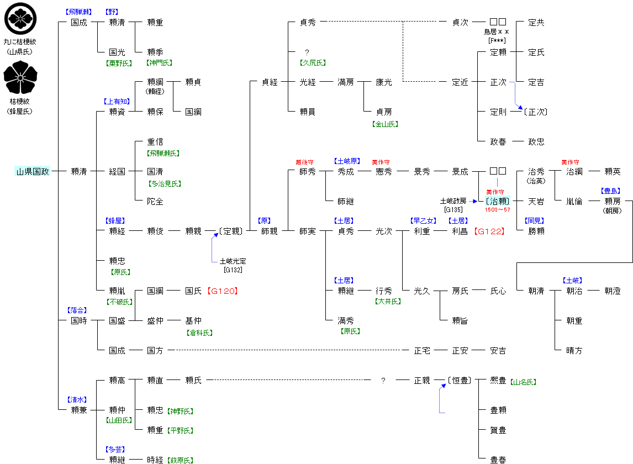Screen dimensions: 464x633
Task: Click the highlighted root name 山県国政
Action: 33,171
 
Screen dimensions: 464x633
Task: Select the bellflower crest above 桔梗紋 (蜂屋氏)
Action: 20,78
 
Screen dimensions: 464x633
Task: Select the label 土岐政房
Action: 453,201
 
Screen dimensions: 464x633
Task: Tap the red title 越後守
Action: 305,162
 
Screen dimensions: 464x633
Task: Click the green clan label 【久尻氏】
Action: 313,63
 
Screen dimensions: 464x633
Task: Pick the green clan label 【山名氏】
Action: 523,382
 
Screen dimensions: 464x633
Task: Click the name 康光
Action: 384,82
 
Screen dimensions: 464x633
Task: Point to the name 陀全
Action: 155,202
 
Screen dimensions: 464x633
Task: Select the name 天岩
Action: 536,202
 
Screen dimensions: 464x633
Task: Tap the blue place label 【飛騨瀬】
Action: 78,12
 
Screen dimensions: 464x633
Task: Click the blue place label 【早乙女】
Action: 422,221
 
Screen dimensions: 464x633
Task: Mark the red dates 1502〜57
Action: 498,210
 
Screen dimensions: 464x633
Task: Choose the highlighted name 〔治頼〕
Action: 497,201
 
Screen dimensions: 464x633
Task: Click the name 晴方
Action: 574,350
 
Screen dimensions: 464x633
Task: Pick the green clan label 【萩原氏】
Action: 181,460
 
